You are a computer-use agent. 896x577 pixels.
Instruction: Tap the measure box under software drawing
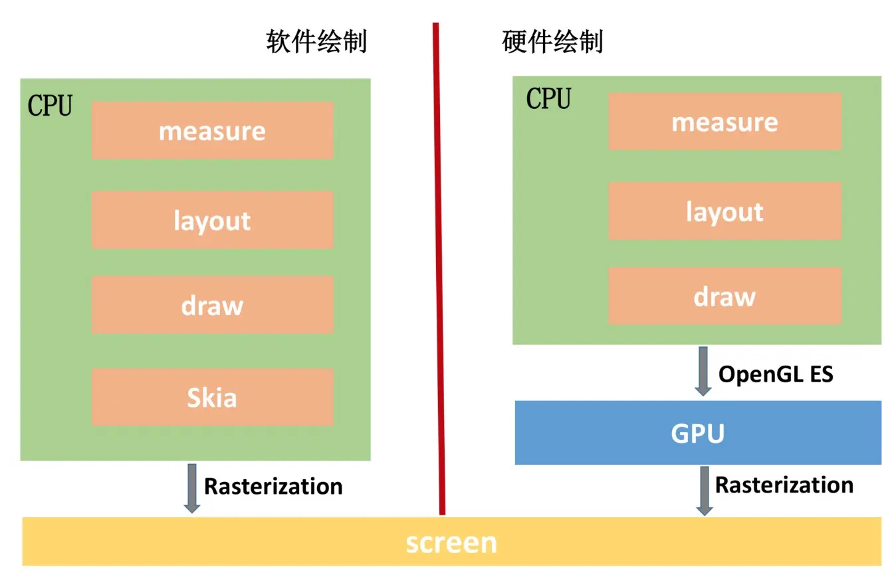(x=212, y=130)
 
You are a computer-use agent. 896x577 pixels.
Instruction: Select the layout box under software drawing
(x=212, y=220)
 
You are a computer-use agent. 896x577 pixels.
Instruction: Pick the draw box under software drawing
(x=212, y=305)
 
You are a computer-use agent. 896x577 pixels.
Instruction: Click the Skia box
(x=212, y=398)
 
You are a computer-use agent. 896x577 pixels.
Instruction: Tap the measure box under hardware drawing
(x=725, y=122)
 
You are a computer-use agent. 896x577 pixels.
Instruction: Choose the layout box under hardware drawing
(x=725, y=211)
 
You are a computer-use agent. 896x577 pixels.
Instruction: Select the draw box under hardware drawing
(x=725, y=296)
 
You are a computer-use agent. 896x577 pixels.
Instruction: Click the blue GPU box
(x=698, y=433)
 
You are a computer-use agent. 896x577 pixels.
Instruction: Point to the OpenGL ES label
(x=776, y=374)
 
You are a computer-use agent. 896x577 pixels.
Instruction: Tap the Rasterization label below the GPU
(x=784, y=485)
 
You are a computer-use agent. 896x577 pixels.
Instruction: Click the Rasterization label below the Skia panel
(x=273, y=486)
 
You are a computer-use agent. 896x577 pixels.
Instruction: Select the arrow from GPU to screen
(x=705, y=491)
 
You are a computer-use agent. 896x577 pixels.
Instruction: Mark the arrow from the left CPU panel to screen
(x=191, y=488)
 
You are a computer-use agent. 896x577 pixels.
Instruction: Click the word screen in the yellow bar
(x=451, y=542)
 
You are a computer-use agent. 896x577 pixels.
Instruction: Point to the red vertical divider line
(x=439, y=266)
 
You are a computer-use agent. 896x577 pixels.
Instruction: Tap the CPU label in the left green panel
(x=50, y=106)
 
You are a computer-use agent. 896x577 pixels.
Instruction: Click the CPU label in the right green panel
(x=548, y=99)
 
